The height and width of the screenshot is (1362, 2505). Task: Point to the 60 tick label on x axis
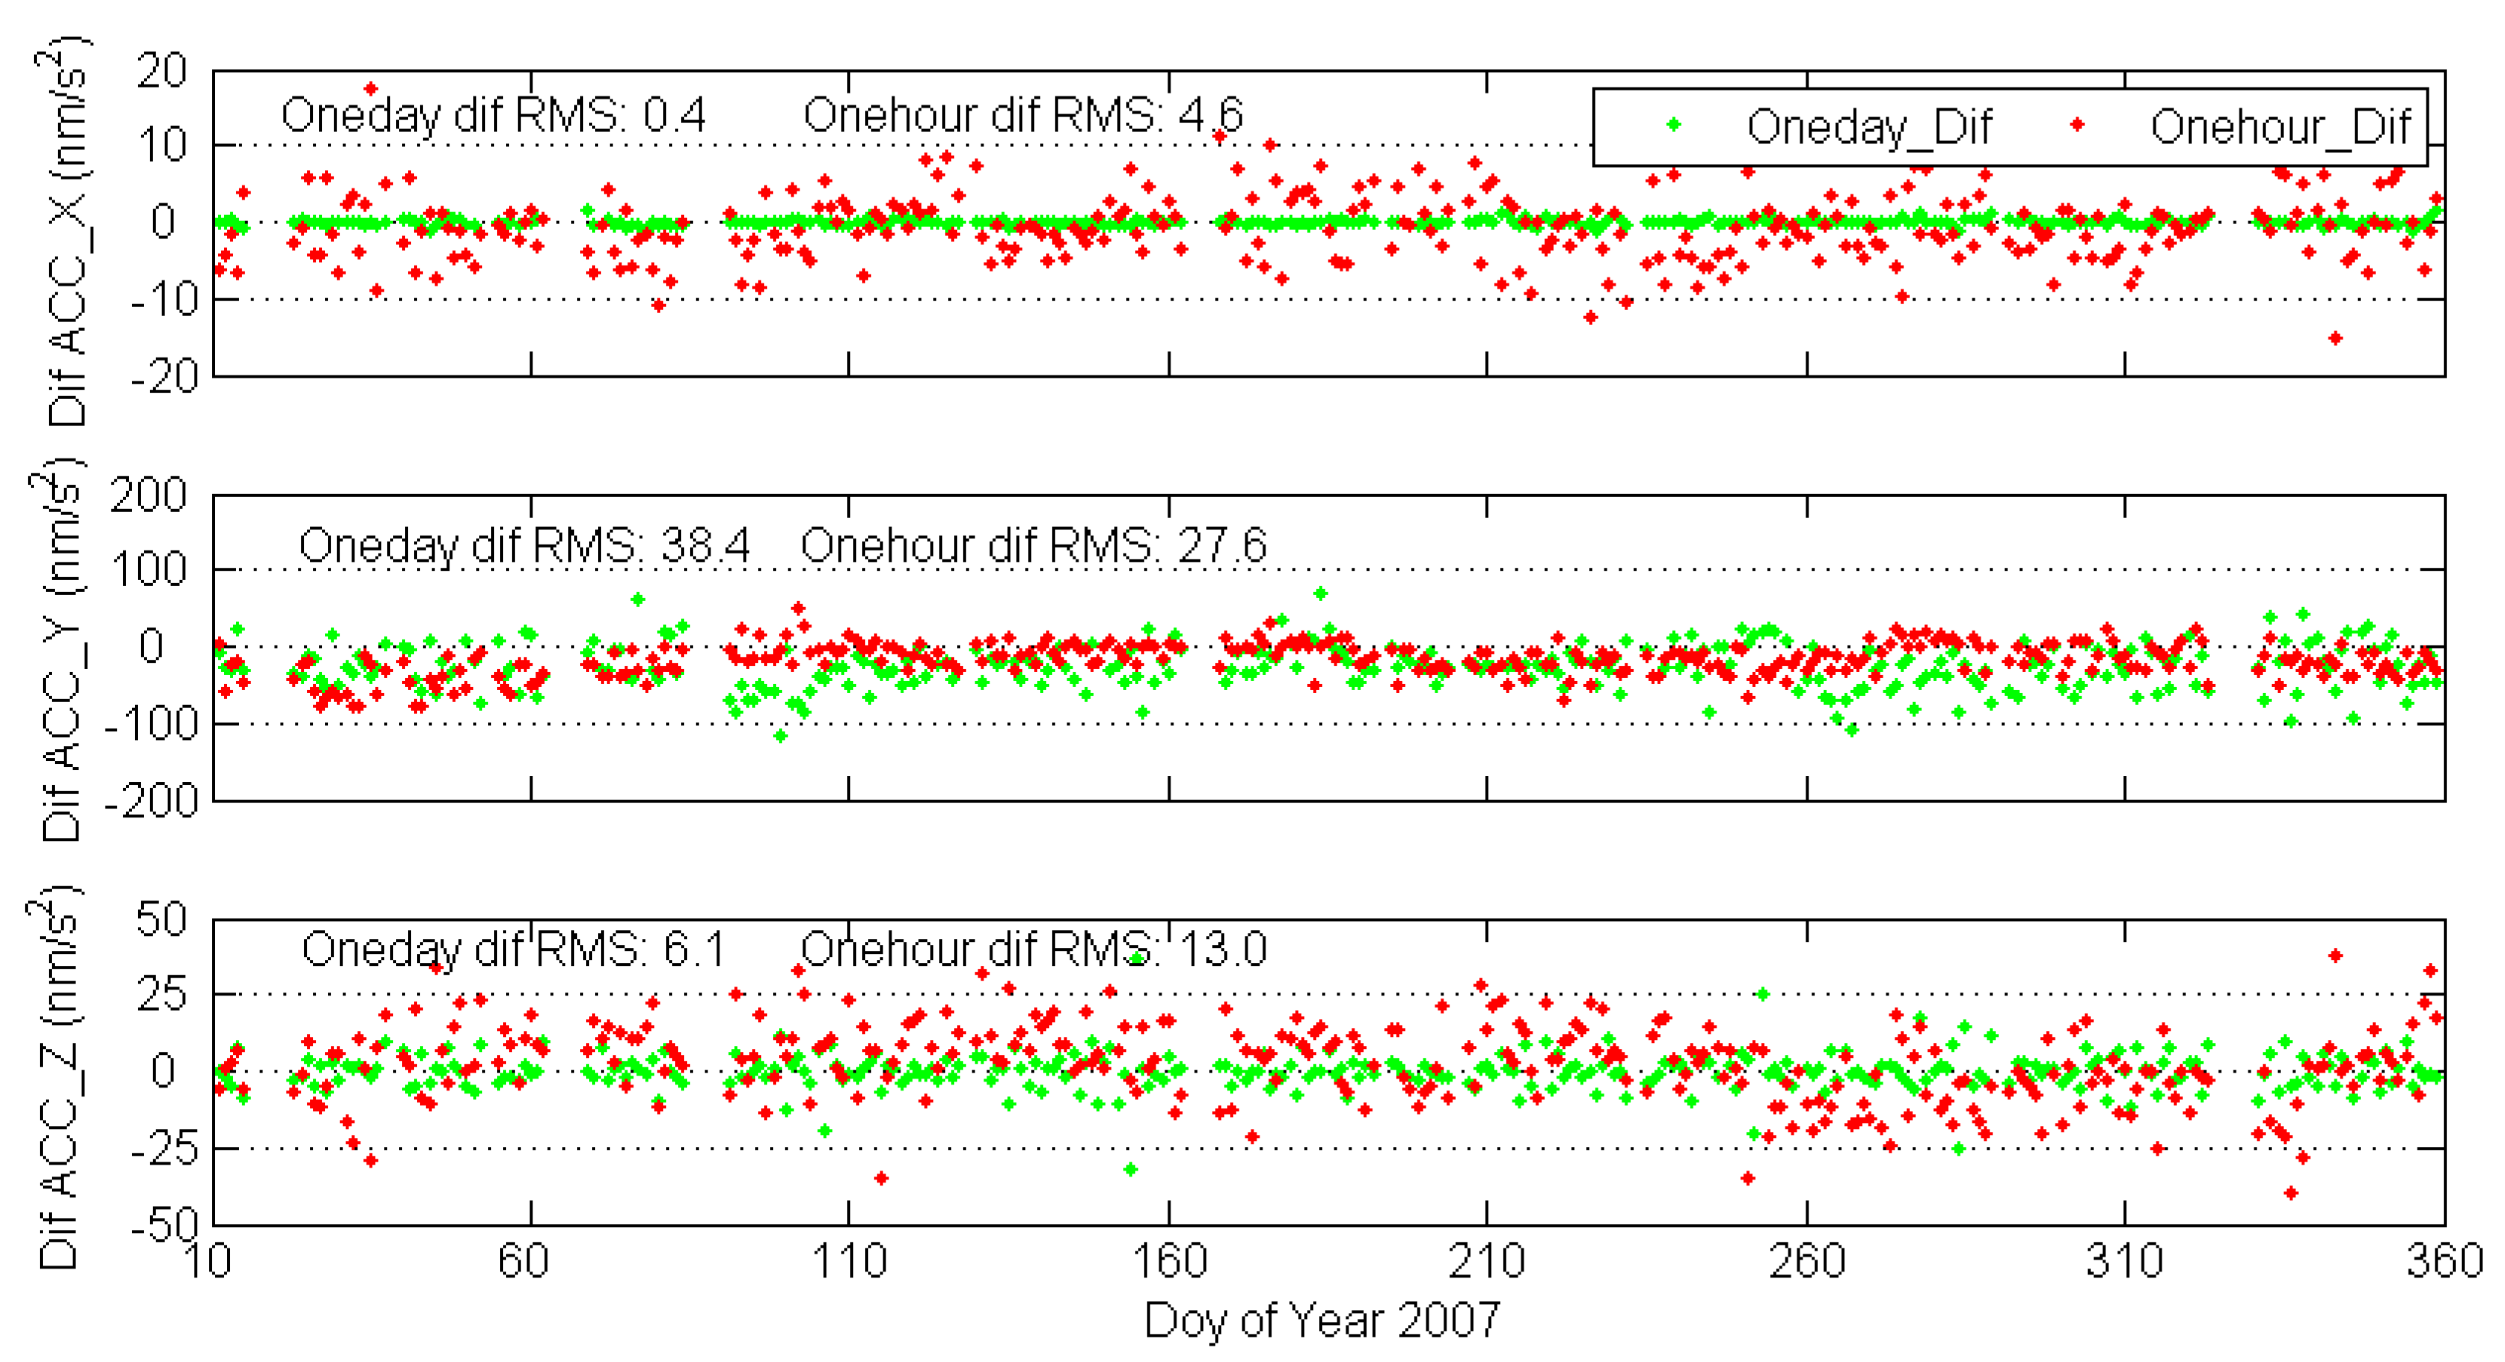click(x=523, y=1261)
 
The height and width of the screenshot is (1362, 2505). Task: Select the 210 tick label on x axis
click(x=1486, y=1261)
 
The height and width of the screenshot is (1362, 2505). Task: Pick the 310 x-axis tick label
click(x=2124, y=1261)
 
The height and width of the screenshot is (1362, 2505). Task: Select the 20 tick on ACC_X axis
click(x=162, y=71)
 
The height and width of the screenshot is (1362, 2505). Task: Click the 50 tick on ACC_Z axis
click(x=162, y=918)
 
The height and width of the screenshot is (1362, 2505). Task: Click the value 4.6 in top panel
click(x=1211, y=116)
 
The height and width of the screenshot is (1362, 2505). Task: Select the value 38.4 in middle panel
click(x=705, y=545)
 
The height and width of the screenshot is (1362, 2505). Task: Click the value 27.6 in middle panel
click(x=1222, y=545)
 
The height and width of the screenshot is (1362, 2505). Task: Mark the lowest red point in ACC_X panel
click(x=2335, y=338)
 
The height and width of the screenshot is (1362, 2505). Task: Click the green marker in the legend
click(x=1673, y=125)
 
